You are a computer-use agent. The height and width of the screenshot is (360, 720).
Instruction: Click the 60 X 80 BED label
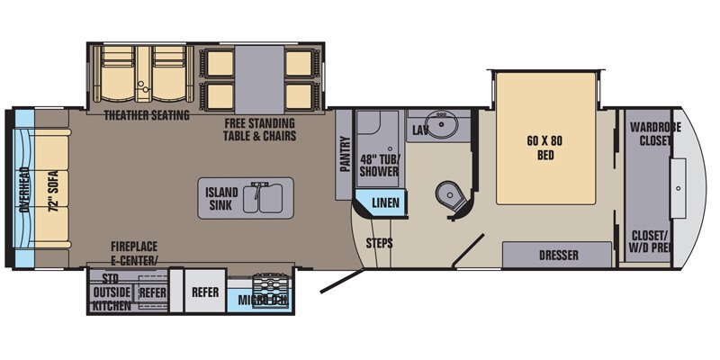(544, 147)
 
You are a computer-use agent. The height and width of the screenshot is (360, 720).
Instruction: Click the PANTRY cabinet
(344, 153)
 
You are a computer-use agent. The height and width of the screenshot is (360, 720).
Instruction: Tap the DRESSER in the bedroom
(559, 255)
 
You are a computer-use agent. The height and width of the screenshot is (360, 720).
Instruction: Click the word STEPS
(379, 242)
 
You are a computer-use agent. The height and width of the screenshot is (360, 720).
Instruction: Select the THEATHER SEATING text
(146, 115)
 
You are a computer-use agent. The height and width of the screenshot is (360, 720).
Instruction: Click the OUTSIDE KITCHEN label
(112, 298)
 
